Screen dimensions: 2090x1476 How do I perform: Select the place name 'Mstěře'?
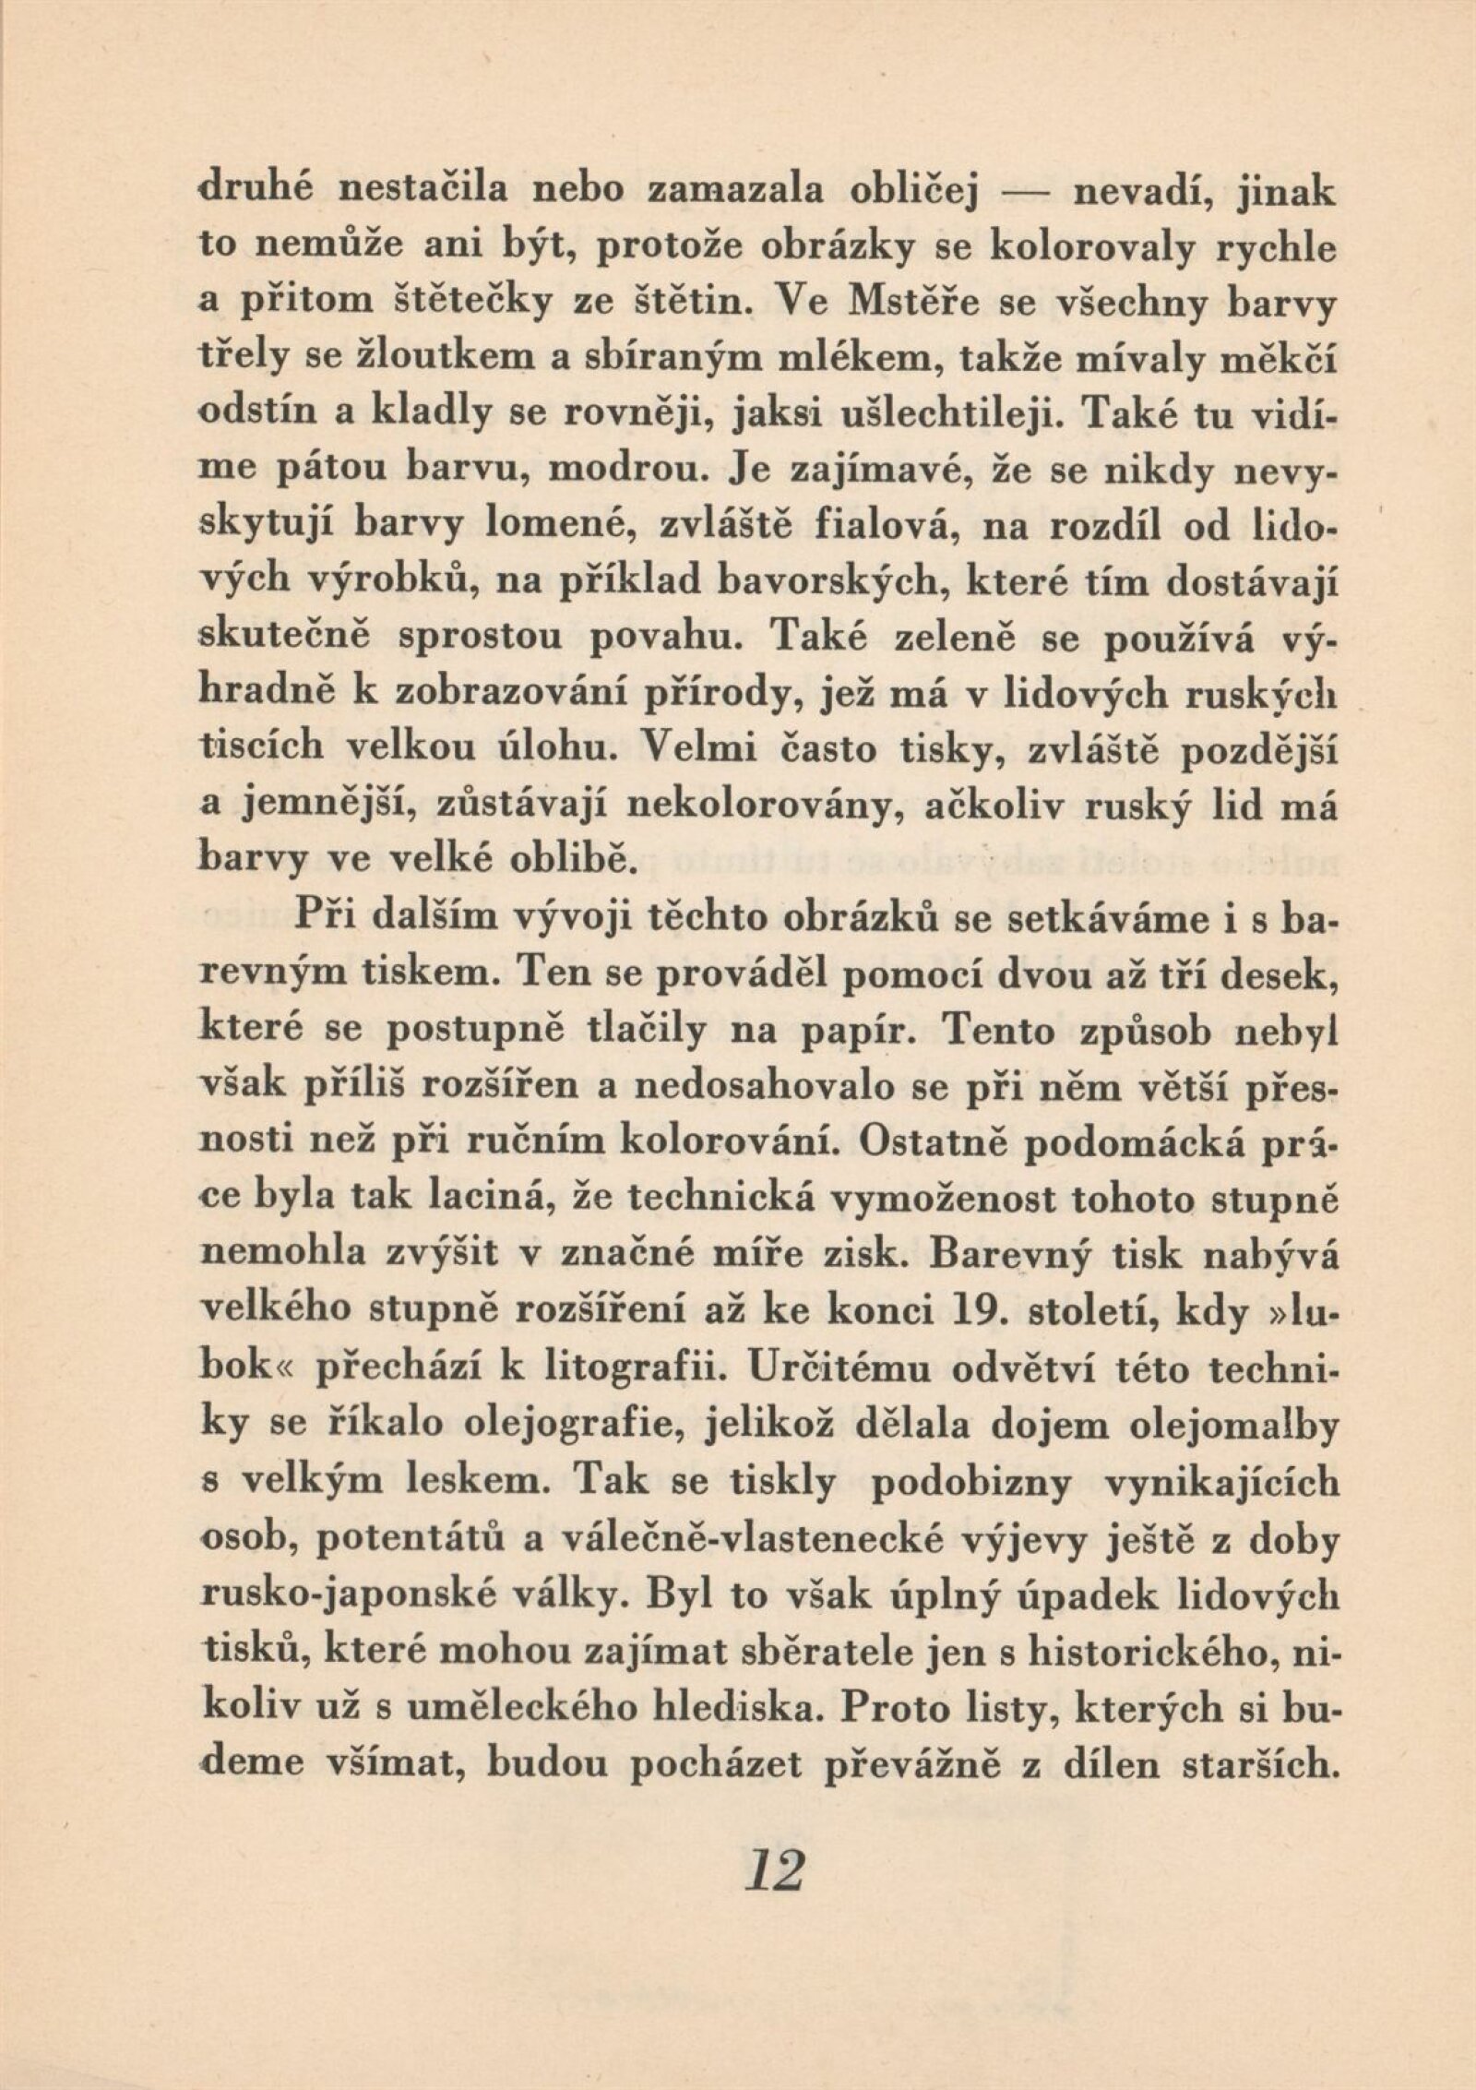(903, 307)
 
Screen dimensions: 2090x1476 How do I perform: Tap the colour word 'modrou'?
(625, 474)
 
